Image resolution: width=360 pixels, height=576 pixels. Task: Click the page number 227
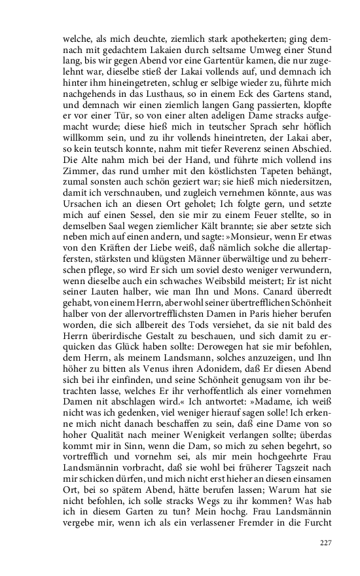326,543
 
